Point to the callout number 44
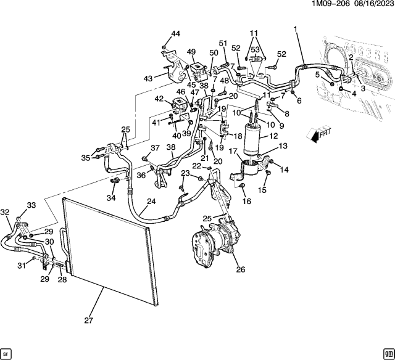[x=176, y=34]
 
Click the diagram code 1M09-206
[x=331, y=5]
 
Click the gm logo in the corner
[x=388, y=353]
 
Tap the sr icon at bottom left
[x=7, y=353]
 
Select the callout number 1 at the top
[x=296, y=29]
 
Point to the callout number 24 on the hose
[x=151, y=201]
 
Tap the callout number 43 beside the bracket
[x=149, y=78]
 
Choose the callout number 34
[x=110, y=198]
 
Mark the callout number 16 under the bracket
[x=246, y=202]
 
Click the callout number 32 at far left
[x=6, y=212]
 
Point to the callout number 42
[x=159, y=99]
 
